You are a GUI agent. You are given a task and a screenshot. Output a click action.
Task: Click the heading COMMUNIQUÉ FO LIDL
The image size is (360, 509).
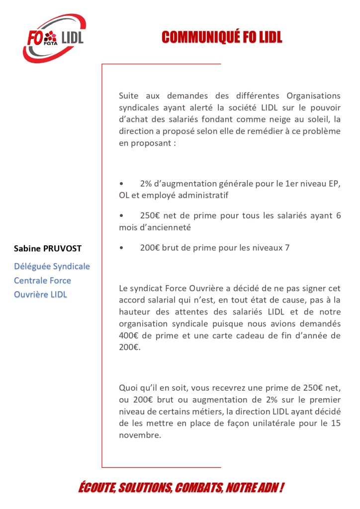[x=222, y=37]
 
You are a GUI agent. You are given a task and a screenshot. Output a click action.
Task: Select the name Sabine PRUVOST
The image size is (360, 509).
[x=48, y=248]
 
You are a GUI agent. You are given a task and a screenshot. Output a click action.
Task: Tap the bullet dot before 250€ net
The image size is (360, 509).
[x=121, y=216]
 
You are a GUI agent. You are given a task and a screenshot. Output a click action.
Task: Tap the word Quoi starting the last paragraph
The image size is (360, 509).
[x=128, y=387]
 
